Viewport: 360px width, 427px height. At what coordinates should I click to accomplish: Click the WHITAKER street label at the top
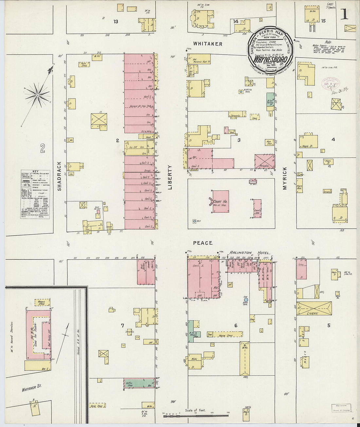[x=207, y=44]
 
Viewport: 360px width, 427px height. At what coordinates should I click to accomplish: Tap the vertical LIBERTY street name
[x=170, y=177]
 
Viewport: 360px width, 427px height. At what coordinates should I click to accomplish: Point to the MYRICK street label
[x=284, y=179]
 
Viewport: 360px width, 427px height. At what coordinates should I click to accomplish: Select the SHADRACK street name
[x=59, y=176]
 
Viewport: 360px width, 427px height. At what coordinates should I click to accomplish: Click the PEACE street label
[x=203, y=243]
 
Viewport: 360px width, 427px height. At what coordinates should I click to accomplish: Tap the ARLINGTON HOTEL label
[x=250, y=253]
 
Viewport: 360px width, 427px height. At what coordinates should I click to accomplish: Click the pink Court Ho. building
[x=220, y=202]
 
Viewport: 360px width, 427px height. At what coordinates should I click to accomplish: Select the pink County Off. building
[x=258, y=209]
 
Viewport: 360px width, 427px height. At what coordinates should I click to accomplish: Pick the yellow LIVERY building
[x=314, y=309]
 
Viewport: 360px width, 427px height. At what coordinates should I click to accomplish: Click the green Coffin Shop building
[x=139, y=383]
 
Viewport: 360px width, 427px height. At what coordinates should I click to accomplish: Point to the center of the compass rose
[x=38, y=95]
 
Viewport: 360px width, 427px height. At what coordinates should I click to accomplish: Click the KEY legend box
[x=35, y=194]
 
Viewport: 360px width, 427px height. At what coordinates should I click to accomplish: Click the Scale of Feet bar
[x=196, y=416]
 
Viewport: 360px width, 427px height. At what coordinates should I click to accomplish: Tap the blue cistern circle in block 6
[x=246, y=299]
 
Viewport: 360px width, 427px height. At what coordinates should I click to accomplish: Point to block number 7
[x=122, y=325]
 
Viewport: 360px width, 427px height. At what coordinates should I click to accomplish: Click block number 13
[x=116, y=22]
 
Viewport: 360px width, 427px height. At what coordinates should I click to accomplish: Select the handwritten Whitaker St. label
[x=32, y=388]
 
